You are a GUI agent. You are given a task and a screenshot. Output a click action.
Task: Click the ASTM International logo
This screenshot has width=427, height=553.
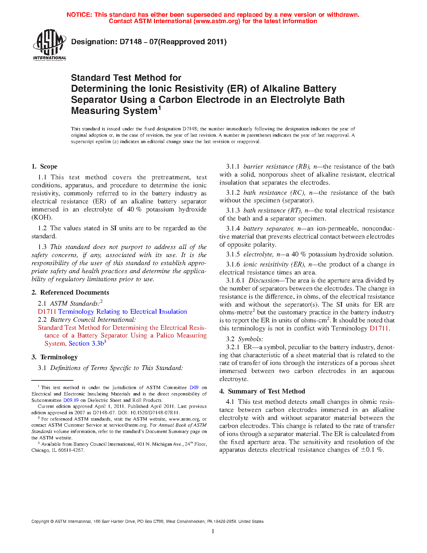[49, 44]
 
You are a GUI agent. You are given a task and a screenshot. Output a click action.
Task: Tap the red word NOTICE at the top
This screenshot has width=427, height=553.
[79, 15]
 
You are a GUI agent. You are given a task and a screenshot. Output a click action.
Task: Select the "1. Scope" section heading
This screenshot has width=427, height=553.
[45, 167]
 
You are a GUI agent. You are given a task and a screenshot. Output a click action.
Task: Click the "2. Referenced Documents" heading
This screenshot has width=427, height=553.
[70, 293]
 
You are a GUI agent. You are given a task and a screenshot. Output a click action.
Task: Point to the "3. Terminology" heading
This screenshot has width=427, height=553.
[55, 357]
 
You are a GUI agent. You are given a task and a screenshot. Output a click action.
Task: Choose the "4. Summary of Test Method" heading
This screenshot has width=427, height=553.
[262, 391]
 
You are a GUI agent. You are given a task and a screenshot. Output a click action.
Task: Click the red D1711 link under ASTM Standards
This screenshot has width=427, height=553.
[47, 312]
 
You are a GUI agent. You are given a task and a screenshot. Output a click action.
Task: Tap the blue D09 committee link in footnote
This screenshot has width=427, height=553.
[194, 387]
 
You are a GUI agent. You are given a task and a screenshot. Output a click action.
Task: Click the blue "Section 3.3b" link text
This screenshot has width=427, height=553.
[86, 344]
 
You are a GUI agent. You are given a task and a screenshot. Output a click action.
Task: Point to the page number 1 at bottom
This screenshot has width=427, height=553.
[213, 531]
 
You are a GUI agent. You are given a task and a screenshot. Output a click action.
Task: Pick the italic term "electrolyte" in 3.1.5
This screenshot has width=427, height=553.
[258, 254]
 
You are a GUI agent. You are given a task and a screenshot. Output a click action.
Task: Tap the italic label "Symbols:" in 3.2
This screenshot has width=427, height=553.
[251, 339]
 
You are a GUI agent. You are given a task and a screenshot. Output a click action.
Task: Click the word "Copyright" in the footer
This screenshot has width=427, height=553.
[40, 521]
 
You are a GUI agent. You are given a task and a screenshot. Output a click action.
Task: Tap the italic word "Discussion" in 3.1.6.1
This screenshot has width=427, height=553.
[264, 281]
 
